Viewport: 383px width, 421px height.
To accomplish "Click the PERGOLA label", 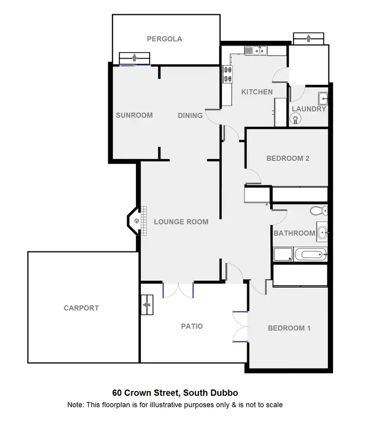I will [x=164, y=38].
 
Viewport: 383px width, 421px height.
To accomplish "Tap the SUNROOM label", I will [x=134, y=115].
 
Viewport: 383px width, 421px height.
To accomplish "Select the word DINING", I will [x=190, y=115].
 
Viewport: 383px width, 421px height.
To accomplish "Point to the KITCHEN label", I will [x=257, y=92].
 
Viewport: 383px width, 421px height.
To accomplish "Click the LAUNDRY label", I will [x=308, y=109].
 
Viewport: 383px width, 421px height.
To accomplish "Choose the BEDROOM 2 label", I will [x=288, y=158].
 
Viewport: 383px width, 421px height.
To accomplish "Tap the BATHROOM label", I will [x=294, y=233].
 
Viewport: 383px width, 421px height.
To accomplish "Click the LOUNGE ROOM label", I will [x=181, y=222].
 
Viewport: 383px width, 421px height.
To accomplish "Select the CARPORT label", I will [x=81, y=308].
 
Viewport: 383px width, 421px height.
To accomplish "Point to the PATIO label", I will [x=192, y=326].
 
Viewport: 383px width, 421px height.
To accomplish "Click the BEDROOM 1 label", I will [x=289, y=328].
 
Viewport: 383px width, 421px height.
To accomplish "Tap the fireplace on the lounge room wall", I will [x=136, y=221].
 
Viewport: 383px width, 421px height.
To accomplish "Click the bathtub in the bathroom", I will [x=311, y=254].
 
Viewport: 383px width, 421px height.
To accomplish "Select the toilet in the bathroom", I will [x=317, y=210].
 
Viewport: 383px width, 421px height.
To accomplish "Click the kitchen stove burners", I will [x=227, y=75].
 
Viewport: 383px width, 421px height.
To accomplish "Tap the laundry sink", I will [x=323, y=98].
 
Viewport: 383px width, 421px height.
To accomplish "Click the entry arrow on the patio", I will [x=147, y=305].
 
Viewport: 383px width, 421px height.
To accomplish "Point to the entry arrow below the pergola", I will [x=134, y=57].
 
